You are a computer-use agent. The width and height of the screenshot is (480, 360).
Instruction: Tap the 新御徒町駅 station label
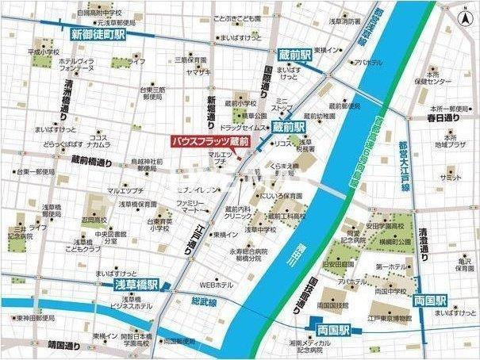[98, 35]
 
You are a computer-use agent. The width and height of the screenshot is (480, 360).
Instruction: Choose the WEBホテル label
[216, 284]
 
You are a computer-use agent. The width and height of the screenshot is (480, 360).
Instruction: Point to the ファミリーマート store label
[190, 209]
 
